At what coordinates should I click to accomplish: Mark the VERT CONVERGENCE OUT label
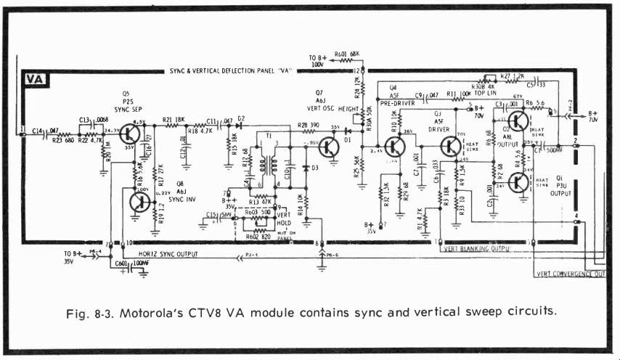570,274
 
